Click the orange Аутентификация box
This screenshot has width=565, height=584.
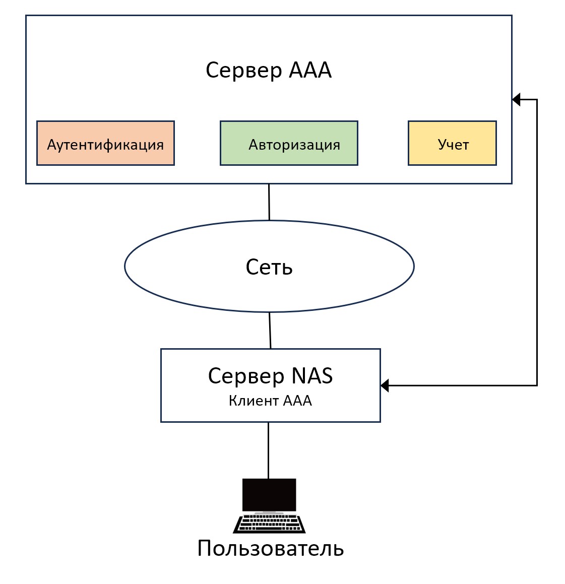(105, 143)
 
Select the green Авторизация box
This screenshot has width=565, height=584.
(289, 143)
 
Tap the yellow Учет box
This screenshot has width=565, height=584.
(452, 143)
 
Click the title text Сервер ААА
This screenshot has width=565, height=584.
(269, 70)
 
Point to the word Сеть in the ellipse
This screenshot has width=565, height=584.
(269, 267)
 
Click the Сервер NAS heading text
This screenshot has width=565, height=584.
(270, 376)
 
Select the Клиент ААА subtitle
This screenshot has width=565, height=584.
(270, 401)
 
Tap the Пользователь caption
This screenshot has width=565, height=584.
(270, 548)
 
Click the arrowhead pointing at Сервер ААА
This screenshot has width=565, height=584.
(516, 99)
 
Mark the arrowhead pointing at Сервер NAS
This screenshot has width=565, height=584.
(385, 385)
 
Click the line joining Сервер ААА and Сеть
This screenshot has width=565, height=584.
(269, 202)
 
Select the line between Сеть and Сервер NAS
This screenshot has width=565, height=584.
(270, 330)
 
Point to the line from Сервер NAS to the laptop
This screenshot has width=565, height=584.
(268, 450)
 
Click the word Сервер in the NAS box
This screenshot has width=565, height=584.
(246, 376)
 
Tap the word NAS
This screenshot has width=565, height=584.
(312, 376)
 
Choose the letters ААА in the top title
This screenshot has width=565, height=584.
(310, 70)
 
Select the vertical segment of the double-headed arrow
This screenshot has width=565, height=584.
(537, 242)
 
